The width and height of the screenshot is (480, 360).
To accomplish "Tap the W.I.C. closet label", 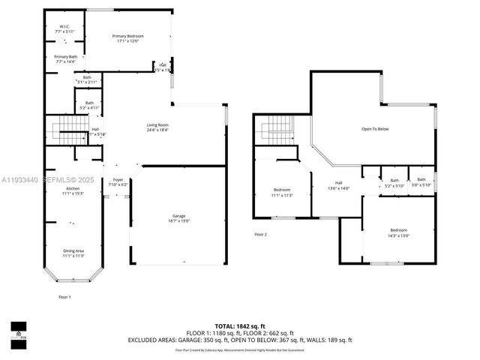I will (65, 29).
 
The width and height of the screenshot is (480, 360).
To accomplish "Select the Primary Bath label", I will (65, 59).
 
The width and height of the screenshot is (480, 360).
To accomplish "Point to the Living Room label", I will (157, 127).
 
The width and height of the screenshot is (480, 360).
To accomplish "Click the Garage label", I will (178, 218).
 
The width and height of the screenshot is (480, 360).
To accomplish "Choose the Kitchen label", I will (72, 191).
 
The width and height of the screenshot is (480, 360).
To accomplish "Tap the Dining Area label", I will (73, 253).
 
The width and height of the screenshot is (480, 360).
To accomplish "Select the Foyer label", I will (118, 182).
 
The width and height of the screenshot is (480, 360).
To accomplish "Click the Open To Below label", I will (375, 129).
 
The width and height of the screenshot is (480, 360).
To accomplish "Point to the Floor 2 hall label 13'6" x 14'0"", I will (338, 187).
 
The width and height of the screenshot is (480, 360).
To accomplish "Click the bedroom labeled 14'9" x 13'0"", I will (398, 232).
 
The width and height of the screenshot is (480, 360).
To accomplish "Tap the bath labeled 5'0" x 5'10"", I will (421, 182).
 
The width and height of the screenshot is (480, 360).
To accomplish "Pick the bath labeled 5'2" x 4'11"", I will (89, 106).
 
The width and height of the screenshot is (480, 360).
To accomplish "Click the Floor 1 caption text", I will (64, 297).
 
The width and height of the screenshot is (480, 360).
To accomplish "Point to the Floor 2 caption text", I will (259, 235).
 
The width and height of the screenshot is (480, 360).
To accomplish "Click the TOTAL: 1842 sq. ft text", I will (241, 325).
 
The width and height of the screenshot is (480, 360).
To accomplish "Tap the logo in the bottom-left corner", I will (19, 330).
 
